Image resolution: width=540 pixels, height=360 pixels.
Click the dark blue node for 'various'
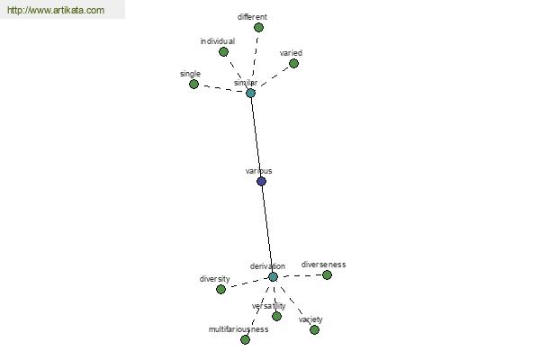(261, 181)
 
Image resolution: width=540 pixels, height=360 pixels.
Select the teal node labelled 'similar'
(251, 93)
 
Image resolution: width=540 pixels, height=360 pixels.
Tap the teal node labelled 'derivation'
(273, 276)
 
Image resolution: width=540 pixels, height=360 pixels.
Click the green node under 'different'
(258, 28)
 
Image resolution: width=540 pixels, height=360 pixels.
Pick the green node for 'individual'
(223, 52)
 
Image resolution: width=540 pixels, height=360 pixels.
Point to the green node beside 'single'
(193, 84)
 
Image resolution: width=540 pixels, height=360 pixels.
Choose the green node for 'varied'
(293, 63)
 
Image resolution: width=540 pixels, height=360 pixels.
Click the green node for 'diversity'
(220, 290)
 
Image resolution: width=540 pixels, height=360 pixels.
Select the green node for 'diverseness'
(327, 274)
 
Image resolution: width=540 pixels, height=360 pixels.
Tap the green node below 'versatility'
(276, 316)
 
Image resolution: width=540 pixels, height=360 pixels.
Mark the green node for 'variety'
(314, 330)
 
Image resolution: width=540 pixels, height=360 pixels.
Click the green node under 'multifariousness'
(245, 340)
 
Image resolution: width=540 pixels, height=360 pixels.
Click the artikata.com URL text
(56, 10)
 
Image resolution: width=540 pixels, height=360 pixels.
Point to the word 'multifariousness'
(238, 329)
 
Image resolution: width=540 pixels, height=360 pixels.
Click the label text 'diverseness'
(323, 265)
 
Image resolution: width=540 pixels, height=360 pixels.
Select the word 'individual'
(218, 41)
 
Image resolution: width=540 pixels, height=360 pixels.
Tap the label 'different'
(252, 17)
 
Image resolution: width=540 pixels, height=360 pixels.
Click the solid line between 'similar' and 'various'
(256, 137)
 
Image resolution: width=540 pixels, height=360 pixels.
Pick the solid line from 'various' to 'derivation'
(267, 229)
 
